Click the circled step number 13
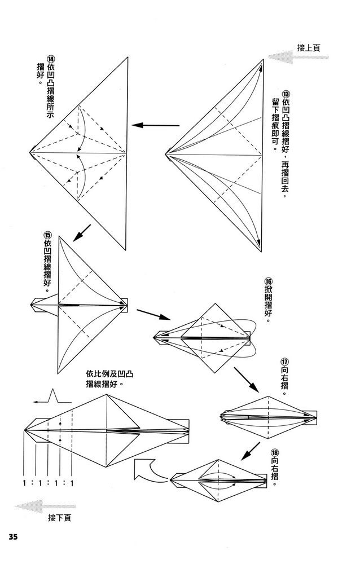(x=286, y=94)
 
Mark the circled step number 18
(x=275, y=453)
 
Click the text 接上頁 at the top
(x=309, y=48)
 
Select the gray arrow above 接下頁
(x=37, y=506)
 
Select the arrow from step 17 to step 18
(x=250, y=451)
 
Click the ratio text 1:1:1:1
(x=50, y=483)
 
